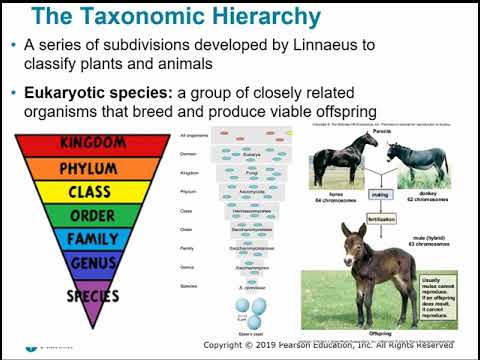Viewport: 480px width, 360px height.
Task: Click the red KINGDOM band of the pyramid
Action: click(97, 142)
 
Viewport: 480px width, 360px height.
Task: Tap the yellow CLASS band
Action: click(97, 191)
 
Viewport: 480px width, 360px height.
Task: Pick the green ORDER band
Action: click(97, 215)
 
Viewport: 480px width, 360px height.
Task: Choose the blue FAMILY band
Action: click(97, 240)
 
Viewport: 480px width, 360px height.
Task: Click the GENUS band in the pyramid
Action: click(97, 263)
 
